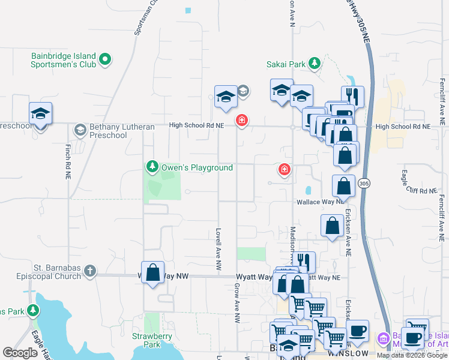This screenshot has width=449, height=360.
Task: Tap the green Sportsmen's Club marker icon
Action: coord(105,59)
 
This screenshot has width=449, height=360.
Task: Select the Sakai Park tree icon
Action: coord(313,63)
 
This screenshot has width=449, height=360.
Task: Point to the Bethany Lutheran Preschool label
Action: coord(108,131)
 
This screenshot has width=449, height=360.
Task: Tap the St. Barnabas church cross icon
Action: coord(90,271)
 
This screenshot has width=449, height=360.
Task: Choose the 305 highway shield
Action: coord(364,182)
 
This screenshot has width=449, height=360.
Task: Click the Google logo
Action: coord(20,352)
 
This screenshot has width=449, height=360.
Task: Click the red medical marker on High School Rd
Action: coord(242,121)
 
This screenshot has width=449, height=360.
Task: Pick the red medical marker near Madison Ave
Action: coord(285,169)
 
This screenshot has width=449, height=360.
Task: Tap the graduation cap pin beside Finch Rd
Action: coord(40,113)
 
